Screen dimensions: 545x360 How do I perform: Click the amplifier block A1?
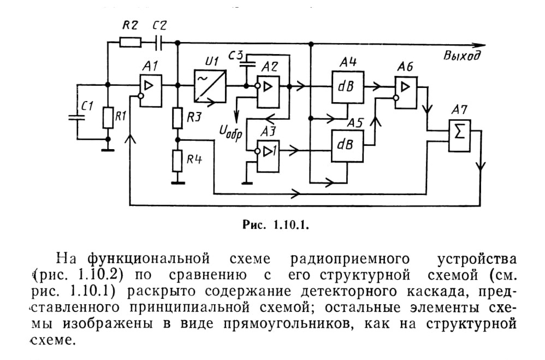point(151,91)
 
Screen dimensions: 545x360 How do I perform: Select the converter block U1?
point(210,86)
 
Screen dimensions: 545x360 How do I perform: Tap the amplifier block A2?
point(268,92)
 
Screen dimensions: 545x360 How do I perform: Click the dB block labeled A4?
point(347,87)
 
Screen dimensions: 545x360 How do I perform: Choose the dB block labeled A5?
point(347,146)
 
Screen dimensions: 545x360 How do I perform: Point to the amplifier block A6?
point(406,92)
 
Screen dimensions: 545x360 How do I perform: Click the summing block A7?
point(459,135)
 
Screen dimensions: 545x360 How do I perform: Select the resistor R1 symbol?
point(108,117)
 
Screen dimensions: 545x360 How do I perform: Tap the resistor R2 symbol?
point(131,43)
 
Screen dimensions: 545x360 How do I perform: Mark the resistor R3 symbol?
point(177,118)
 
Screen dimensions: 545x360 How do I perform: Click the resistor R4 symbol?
point(177,161)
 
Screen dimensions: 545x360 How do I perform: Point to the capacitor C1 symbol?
point(77,117)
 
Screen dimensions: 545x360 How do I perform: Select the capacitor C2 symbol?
point(159,43)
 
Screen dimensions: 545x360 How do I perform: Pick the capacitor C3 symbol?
point(247,63)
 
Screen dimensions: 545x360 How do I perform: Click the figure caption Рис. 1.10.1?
point(276,225)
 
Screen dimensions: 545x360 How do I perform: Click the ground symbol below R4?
point(177,182)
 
